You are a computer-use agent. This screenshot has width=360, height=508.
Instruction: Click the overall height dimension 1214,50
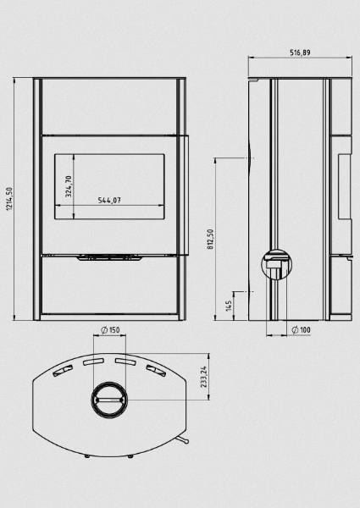coord(9,199)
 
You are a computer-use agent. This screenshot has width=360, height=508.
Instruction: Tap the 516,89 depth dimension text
coord(300,52)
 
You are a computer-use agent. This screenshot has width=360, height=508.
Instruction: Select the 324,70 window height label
coord(69,186)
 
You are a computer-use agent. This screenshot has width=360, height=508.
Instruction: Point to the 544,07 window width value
coord(109,200)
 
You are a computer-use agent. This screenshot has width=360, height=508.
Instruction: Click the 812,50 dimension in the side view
coord(211,239)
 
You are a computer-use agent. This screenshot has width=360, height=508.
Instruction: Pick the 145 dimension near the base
coord(229,306)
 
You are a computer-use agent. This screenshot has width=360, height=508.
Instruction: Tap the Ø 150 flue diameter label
coord(110,330)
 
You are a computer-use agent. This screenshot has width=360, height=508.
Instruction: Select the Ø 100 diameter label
coord(301,330)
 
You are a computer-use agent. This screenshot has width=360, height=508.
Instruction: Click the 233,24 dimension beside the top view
coord(203,377)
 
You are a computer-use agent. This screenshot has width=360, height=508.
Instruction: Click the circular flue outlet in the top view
coord(109,399)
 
